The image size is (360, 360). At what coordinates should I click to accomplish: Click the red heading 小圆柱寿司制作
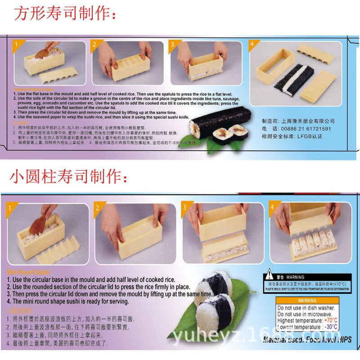pyautogui.click(x=68, y=175)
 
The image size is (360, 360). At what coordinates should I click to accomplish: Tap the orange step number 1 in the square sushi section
pyautogui.click(x=16, y=45)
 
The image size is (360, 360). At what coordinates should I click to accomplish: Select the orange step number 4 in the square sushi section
pyautogui.click(x=252, y=44)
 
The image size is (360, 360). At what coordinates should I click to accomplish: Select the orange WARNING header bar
pyautogui.click(x=307, y=300)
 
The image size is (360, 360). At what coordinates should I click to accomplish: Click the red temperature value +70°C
pyautogui.click(x=330, y=320)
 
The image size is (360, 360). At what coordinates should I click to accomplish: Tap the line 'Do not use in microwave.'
pyautogui.click(x=306, y=314)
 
